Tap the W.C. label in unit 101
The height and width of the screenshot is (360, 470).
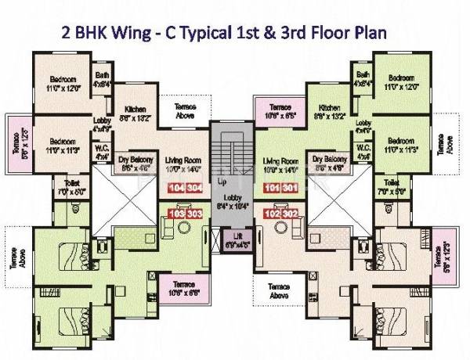(362, 150)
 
